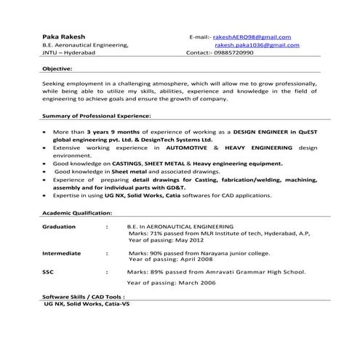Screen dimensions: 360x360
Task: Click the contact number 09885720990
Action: click(x=234, y=53)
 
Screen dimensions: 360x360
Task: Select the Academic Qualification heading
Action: click(x=77, y=214)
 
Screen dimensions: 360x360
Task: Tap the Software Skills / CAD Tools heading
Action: click(x=84, y=297)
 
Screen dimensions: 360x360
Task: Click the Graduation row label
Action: click(x=59, y=227)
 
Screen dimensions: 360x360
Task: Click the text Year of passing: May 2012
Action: click(x=167, y=239)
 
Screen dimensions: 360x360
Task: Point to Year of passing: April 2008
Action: click(x=170, y=259)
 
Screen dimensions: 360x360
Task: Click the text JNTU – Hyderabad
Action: click(x=72, y=53)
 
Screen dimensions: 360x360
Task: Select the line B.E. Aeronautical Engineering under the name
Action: click(x=85, y=45)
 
